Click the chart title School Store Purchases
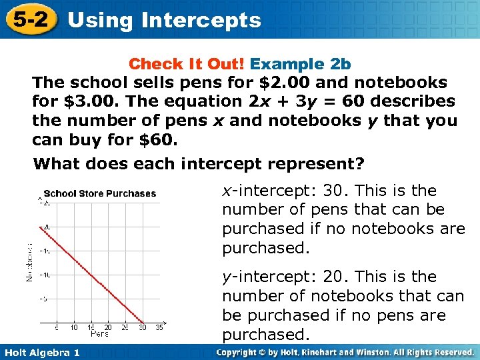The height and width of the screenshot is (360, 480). point(100,194)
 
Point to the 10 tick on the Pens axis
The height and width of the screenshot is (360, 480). point(73,327)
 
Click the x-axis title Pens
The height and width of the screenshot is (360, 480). point(100,333)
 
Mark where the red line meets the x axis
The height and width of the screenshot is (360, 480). point(142,322)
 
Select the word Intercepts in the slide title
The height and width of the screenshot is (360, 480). point(201,20)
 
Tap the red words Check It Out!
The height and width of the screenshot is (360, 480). point(187,64)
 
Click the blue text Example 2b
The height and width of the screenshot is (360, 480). point(301,64)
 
